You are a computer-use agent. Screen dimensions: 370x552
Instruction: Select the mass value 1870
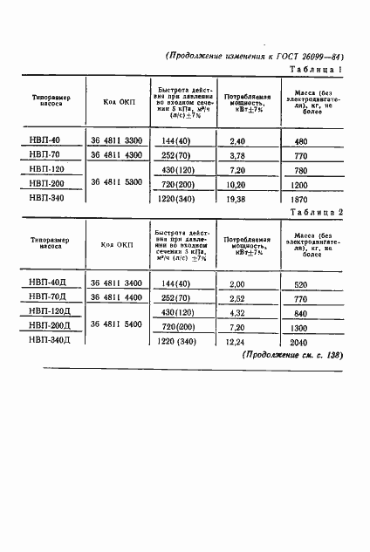300,199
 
